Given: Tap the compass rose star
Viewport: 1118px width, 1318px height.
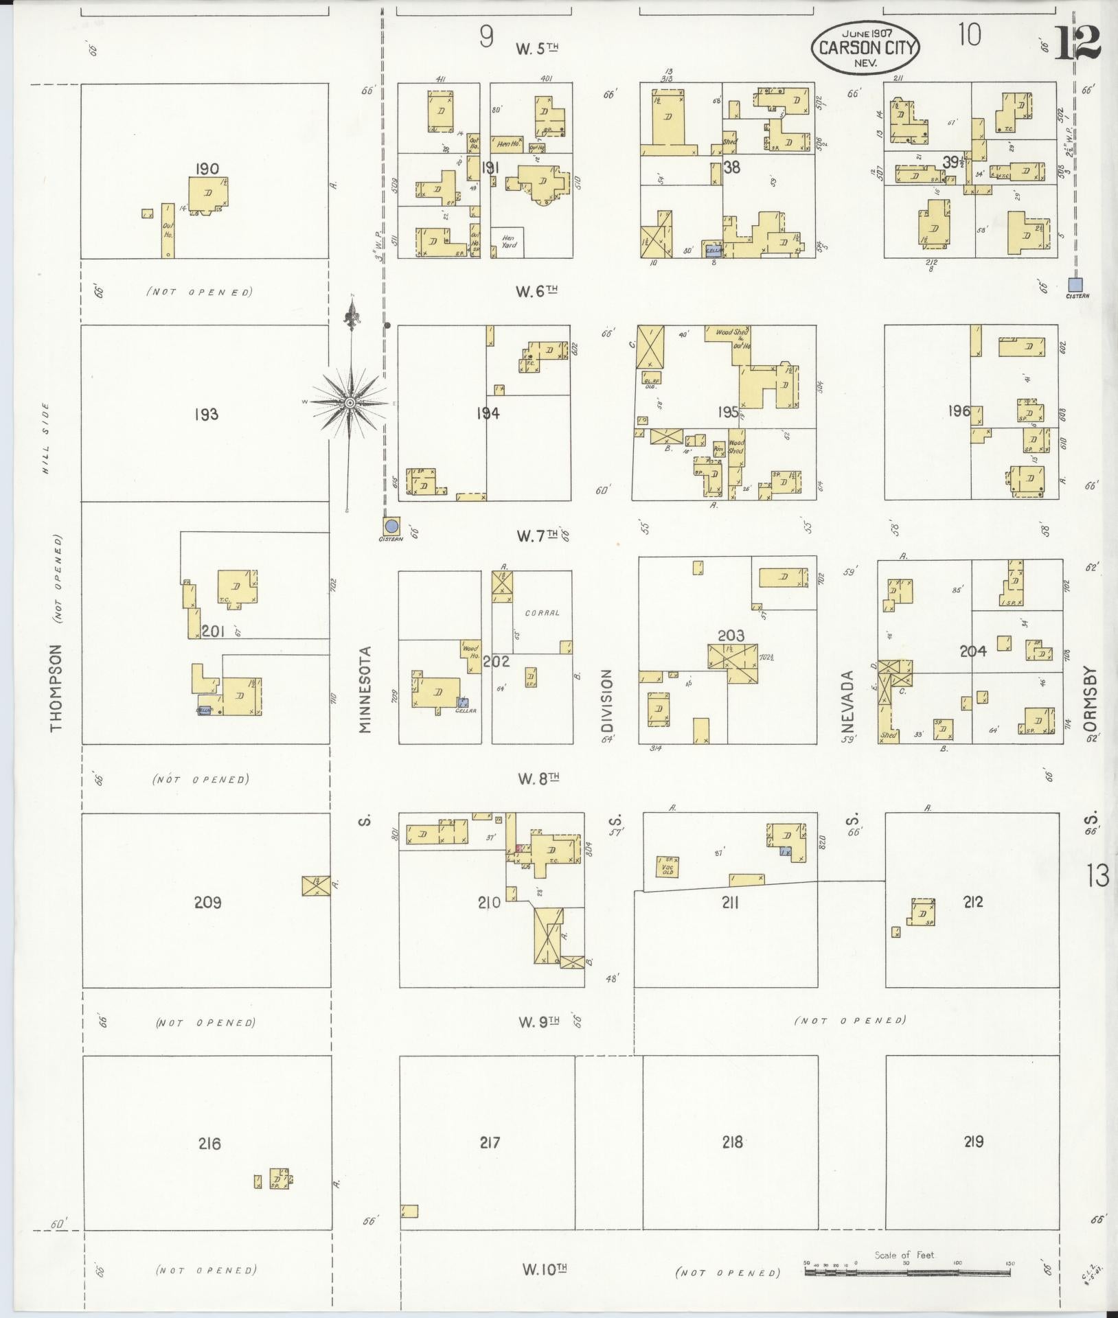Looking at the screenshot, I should [x=350, y=402].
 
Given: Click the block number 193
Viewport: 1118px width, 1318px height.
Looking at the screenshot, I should [x=206, y=414].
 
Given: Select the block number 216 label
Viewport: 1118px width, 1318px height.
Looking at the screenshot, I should [x=209, y=1143].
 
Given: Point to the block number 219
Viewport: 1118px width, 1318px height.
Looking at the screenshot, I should [x=973, y=1141].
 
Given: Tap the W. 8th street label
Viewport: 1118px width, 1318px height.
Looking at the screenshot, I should [x=538, y=778].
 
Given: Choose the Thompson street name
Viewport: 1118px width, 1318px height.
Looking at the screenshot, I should [x=57, y=687].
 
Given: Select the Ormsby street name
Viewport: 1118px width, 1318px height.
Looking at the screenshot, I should [x=1092, y=704].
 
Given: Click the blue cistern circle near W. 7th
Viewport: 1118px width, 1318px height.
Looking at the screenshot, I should [x=392, y=526].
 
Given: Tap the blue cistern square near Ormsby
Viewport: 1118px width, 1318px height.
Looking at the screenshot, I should [x=1075, y=284].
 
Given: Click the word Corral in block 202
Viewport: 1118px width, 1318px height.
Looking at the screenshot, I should [x=542, y=612].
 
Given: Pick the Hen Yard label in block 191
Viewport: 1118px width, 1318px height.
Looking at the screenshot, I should [x=508, y=241].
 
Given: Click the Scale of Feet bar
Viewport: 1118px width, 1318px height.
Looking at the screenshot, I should [x=907, y=1271].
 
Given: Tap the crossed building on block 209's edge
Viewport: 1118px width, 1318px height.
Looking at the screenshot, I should [x=315, y=886].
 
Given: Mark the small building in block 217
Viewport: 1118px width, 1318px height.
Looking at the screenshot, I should [x=409, y=1211].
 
